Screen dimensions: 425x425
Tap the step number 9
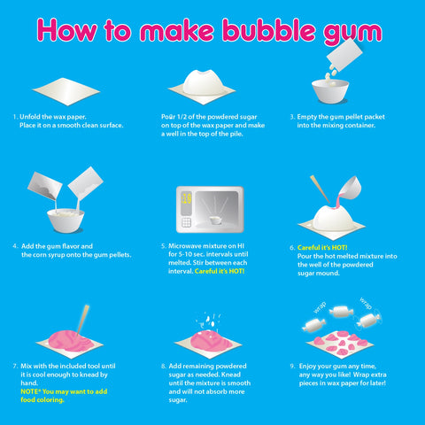click(x=292, y=365)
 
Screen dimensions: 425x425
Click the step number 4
click(x=15, y=245)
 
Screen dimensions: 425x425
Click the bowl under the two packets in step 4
click(x=60, y=216)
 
